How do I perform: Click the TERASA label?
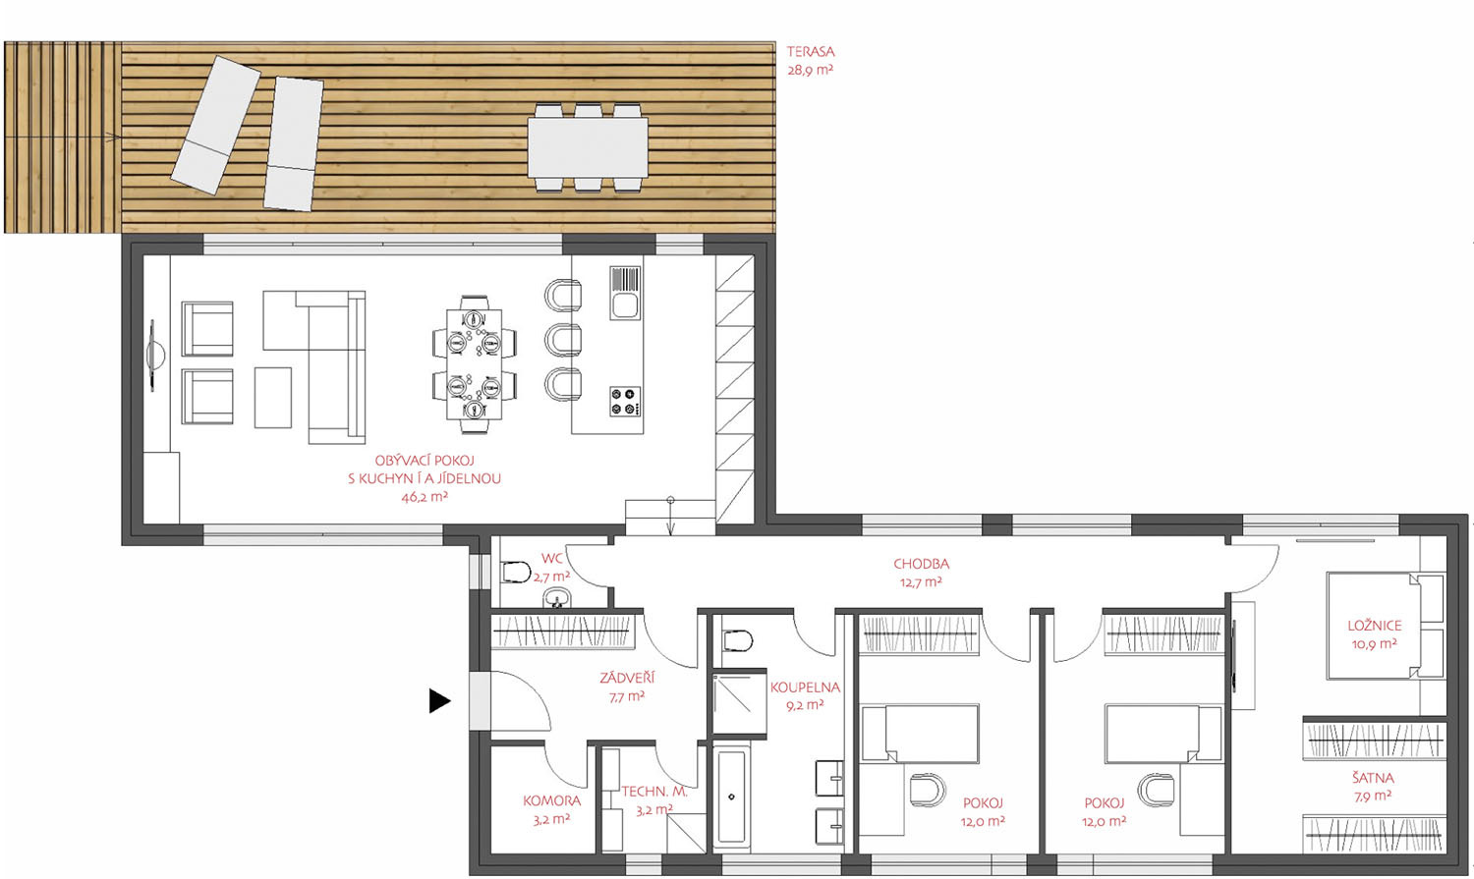pos(810,51)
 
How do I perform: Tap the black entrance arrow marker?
pos(439,701)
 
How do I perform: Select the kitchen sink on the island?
pos(624,294)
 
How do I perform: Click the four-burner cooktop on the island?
pos(625,401)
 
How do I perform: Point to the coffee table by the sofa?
pos(273,398)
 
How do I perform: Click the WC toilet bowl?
pos(516,572)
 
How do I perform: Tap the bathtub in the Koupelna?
pos(731,797)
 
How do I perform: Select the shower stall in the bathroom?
pos(740,701)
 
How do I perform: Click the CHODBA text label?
pos(921,564)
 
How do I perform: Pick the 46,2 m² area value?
pos(425,497)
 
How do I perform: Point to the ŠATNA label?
pos(1373,778)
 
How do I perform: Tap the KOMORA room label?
pos(551,800)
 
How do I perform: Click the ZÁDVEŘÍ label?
pos(627,677)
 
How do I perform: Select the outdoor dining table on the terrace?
pos(588,148)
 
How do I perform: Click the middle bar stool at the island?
pos(563,340)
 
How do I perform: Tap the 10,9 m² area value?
pos(1374,644)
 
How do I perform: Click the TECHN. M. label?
pos(654,792)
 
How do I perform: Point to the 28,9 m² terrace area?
pos(810,70)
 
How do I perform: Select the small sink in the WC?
pos(557,597)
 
